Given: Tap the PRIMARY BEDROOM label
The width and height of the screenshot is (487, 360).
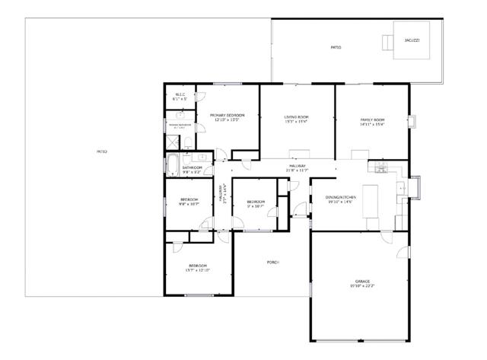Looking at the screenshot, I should click(226, 115).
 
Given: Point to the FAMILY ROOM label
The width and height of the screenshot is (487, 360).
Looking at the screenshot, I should click(372, 119).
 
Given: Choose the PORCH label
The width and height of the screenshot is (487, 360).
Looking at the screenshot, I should click(272, 262).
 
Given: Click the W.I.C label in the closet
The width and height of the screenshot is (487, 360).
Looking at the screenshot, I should click(180, 95).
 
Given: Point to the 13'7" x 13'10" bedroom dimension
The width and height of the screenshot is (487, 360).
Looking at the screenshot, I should click(197, 270).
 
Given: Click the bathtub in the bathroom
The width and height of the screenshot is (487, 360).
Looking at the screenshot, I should click(172, 165).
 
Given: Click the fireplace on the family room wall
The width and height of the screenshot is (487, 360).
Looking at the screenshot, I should click(412, 121).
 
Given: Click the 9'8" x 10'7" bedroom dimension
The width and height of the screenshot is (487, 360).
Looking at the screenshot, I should click(189, 204).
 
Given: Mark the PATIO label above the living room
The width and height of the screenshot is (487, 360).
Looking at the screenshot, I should click(336, 47).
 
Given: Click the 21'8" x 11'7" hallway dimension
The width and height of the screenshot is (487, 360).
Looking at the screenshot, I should click(296, 170).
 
